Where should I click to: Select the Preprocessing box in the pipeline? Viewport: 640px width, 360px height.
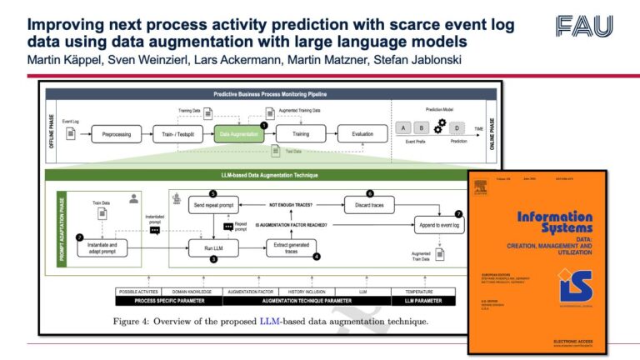point(116,132)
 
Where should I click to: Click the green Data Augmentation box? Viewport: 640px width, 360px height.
point(237,132)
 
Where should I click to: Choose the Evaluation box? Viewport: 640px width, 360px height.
point(362,132)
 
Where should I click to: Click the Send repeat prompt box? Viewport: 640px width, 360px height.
point(214,204)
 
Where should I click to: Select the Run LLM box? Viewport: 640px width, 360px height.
point(214,247)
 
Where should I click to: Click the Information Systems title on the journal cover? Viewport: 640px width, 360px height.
point(555,221)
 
